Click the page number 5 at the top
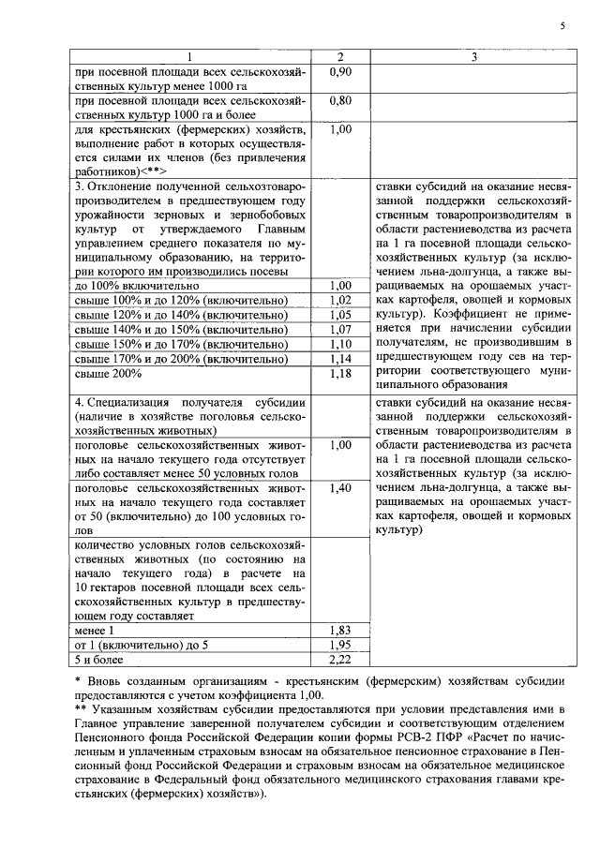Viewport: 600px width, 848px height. click(562, 26)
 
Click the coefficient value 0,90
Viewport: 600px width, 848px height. click(340, 72)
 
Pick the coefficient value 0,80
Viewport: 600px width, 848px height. click(340, 99)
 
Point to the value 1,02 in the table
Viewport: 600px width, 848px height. click(340, 300)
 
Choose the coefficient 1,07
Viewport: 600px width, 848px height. click(340, 330)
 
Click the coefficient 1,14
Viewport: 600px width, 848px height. click(340, 359)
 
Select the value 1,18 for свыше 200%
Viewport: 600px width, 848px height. click(340, 374)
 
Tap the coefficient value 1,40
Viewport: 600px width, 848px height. click(340, 488)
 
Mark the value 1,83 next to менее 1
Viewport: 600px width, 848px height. click(340, 632)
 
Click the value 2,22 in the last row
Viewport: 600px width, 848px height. click(340, 662)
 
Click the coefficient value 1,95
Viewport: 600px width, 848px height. click(340, 647)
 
